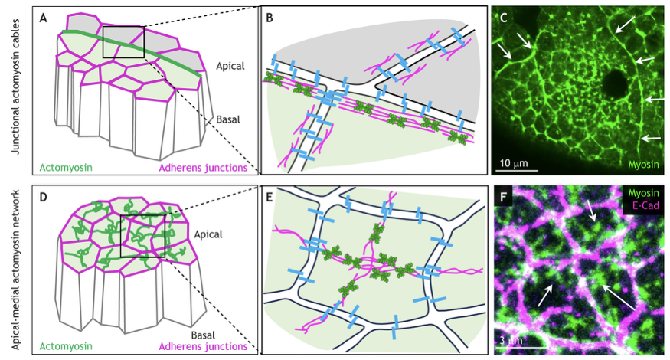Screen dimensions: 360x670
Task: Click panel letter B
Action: (270, 18)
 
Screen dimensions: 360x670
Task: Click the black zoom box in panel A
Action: (123, 42)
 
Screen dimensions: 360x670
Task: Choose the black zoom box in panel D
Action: (142, 235)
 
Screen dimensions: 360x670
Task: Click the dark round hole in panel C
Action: (613, 82)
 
